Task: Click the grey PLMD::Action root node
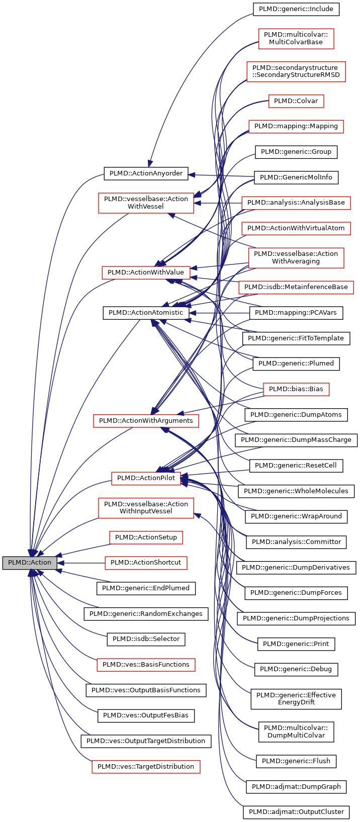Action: point(29,563)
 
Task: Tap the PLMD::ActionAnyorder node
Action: point(146,174)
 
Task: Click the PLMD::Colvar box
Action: point(296,101)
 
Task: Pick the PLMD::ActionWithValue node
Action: point(146,272)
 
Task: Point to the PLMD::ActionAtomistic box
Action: point(146,313)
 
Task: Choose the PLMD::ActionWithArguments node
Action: point(146,420)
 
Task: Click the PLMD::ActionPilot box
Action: point(146,478)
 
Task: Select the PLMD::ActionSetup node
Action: point(146,537)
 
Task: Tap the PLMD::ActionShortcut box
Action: point(146,563)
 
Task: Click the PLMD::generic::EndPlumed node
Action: point(146,588)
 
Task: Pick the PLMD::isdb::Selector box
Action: point(146,639)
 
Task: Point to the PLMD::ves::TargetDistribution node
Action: point(146,767)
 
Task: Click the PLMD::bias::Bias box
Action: point(296,389)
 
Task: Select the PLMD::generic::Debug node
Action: point(296,670)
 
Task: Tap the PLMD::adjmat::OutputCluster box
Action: point(296,812)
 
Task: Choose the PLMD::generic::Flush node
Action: point(296,761)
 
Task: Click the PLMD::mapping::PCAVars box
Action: point(296,313)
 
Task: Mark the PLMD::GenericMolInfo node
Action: point(296,177)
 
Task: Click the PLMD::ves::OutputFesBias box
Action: point(146,715)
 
